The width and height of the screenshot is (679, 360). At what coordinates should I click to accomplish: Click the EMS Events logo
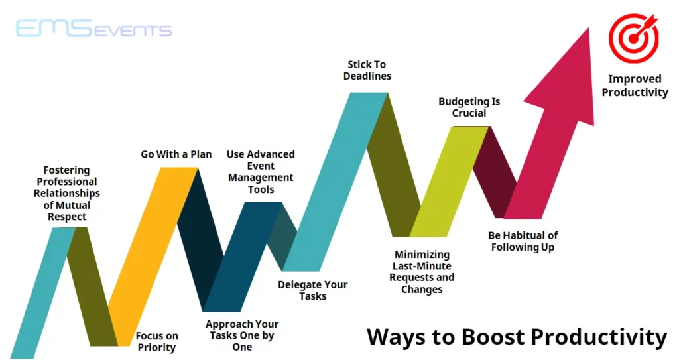93,30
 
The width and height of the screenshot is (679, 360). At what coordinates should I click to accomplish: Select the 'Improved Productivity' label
635,86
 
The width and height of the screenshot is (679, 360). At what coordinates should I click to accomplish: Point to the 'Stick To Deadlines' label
367,70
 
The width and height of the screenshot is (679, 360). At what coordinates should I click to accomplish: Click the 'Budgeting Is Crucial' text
469,107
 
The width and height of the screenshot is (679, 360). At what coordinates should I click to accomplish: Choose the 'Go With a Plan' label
176,154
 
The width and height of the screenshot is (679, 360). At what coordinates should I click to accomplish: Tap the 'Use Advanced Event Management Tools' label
261,172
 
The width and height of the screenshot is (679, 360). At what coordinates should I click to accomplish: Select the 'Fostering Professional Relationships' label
67,193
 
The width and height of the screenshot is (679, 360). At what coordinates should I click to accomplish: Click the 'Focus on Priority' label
157,341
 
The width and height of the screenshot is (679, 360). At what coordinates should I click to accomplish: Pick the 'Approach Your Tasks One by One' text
242,335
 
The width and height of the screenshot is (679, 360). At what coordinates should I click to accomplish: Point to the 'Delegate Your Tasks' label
312,290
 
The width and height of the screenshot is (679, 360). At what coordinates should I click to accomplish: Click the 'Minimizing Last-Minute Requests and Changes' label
422,272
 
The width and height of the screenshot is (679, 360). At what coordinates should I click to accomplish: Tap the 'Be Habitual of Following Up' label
523,241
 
